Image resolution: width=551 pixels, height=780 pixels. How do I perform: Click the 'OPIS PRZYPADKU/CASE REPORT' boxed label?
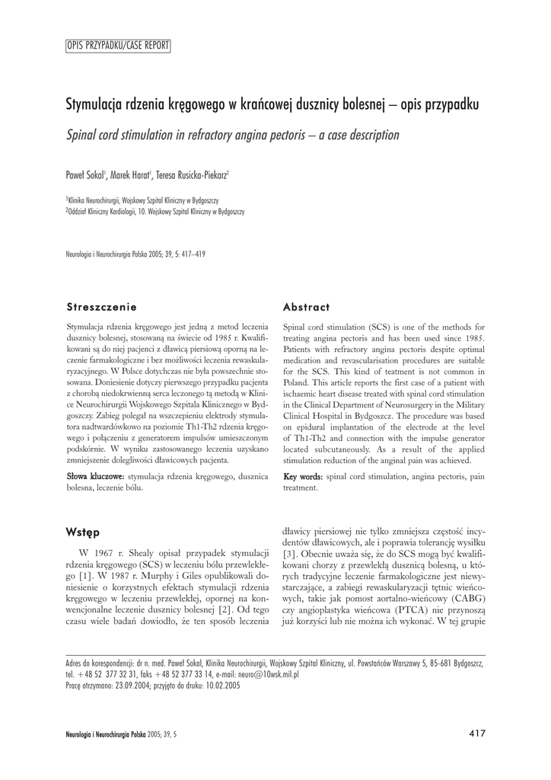(x=118, y=46)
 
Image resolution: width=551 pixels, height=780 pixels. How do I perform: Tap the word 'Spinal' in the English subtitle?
(x=85, y=135)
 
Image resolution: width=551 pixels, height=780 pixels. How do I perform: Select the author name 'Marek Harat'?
(x=131, y=174)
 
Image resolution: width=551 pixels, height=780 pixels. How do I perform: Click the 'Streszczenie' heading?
(x=102, y=307)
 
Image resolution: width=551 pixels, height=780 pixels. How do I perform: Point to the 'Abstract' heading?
(x=306, y=307)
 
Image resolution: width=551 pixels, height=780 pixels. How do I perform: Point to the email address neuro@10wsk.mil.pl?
(x=267, y=674)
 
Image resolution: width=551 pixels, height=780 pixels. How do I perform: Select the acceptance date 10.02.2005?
(x=221, y=685)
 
